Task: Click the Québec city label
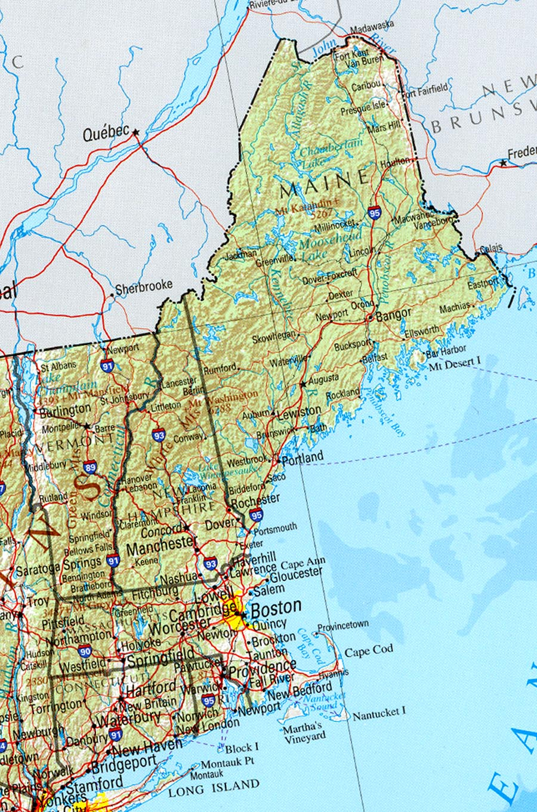click(106, 134)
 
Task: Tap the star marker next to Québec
click(136, 132)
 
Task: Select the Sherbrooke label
click(144, 288)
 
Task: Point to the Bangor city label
click(393, 314)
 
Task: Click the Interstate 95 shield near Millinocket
click(375, 213)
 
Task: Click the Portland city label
click(303, 458)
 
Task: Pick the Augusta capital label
click(323, 379)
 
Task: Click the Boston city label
click(276, 608)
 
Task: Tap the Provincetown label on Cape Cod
click(343, 626)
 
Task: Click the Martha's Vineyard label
click(304, 732)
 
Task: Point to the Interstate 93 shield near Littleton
click(159, 435)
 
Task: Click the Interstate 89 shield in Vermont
click(90, 468)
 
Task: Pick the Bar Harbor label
click(446, 351)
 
